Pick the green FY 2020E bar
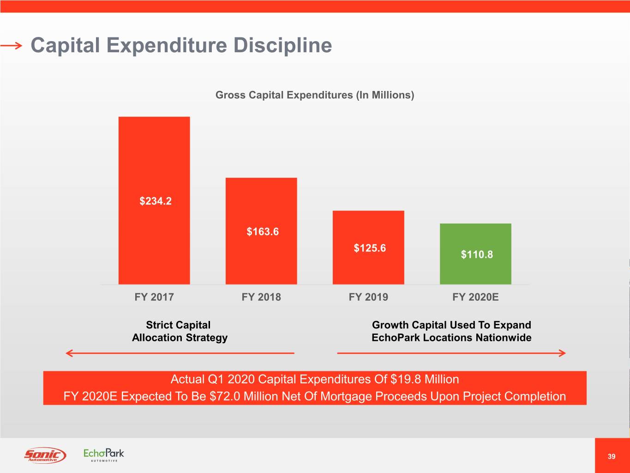tap(475, 273)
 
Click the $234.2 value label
tap(156, 201)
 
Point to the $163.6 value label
tap(263, 231)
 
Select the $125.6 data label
tap(370, 248)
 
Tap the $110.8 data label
tap(477, 255)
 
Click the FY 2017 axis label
tap(154, 297)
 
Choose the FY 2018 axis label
tap(261, 297)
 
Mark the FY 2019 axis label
tap(368, 297)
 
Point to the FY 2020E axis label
tap(475, 297)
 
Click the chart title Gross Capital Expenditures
tap(315, 95)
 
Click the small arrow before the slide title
tap(11, 45)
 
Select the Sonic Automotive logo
tap(45, 455)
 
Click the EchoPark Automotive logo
tap(104, 455)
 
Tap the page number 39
tap(612, 456)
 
